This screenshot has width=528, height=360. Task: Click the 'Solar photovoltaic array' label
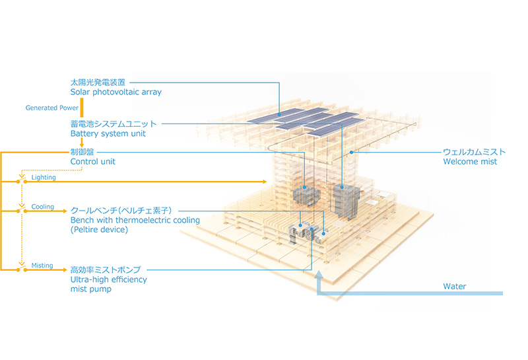pyautogui.click(x=116, y=92)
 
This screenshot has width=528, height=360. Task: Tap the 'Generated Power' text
pyautogui.click(x=52, y=108)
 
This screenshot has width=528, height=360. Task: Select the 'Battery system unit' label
pyautogui.click(x=108, y=133)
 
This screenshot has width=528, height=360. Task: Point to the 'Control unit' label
pyautogui.click(x=92, y=161)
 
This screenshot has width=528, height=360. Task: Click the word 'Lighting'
pyautogui.click(x=44, y=177)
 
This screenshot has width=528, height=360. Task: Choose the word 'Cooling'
pyautogui.click(x=42, y=207)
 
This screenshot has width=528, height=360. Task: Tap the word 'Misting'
pyautogui.click(x=42, y=266)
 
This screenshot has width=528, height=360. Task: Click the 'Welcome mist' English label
pyautogui.click(x=470, y=161)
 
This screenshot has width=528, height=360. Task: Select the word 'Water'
pyautogui.click(x=454, y=287)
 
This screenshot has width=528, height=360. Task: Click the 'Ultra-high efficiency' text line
pyautogui.click(x=108, y=279)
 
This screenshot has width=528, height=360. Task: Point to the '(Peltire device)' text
pyautogui.click(x=99, y=230)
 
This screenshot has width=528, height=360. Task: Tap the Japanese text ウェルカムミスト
pyautogui.click(x=474, y=152)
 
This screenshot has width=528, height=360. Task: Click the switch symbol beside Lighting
pyautogui.click(x=22, y=181)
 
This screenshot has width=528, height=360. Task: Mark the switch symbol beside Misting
pyautogui.click(x=22, y=269)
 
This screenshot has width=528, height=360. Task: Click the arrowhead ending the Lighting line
pyautogui.click(x=265, y=182)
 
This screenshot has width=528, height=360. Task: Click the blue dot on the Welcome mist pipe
pyautogui.click(x=351, y=153)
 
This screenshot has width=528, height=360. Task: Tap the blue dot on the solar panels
pyautogui.click(x=279, y=115)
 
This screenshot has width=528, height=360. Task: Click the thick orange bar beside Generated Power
pyautogui.click(x=81, y=108)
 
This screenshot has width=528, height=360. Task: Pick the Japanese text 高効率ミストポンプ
pyautogui.click(x=106, y=270)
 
